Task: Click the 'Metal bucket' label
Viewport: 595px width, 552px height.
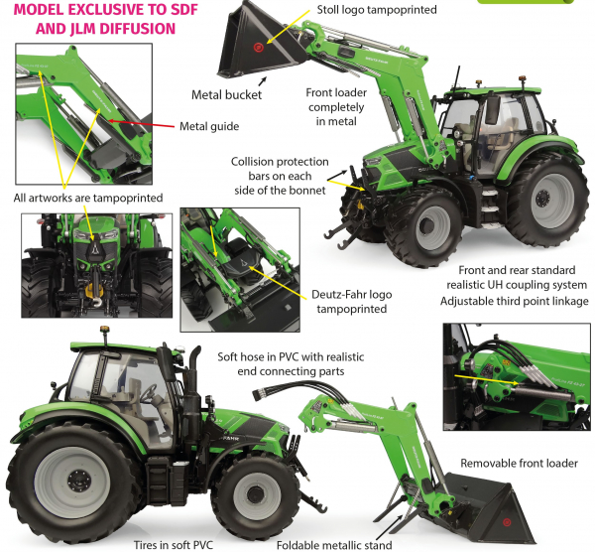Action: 226,95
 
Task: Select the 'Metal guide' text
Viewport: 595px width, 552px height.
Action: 209,126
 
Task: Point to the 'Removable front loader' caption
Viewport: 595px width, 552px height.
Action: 519,464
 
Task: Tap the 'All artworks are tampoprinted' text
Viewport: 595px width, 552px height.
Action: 88,198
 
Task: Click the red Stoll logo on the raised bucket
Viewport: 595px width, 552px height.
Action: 260,47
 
